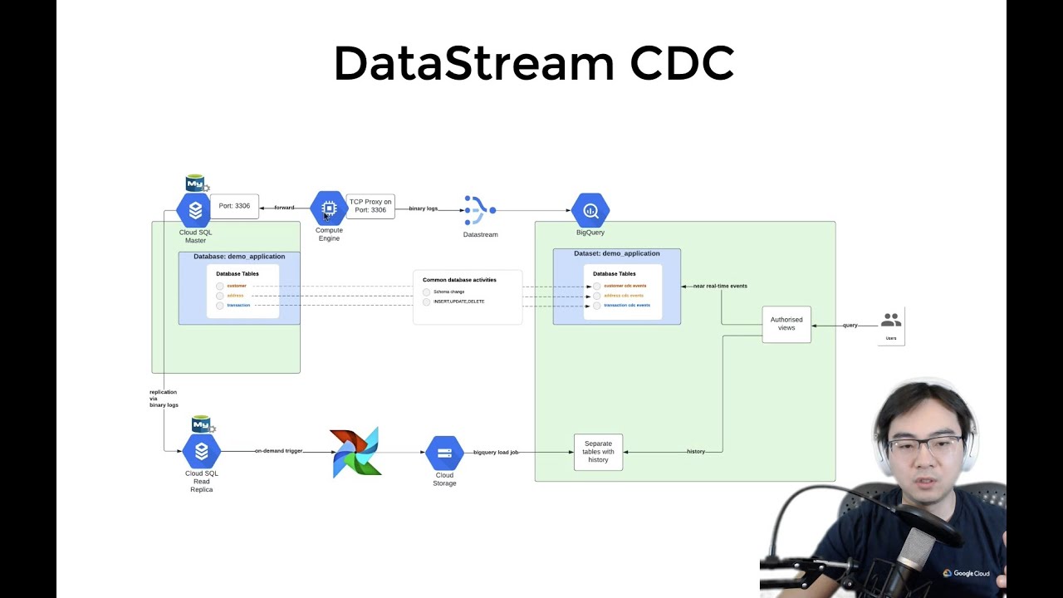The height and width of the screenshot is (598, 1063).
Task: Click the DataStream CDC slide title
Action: click(533, 64)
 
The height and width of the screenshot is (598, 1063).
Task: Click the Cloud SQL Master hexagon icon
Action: click(195, 210)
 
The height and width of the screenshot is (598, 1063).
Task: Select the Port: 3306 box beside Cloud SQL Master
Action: click(234, 206)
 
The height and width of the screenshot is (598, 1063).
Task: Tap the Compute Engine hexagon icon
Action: click(329, 208)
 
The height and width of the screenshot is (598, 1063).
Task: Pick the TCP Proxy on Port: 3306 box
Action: click(370, 206)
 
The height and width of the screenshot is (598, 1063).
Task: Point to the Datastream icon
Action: click(479, 210)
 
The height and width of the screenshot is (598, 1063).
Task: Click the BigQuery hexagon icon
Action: click(590, 211)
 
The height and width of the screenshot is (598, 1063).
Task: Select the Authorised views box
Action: click(786, 324)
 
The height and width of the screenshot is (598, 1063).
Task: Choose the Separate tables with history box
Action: click(598, 452)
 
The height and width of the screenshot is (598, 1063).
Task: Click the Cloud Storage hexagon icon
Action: click(444, 453)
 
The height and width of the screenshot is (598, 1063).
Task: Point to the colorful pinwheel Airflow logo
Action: click(355, 452)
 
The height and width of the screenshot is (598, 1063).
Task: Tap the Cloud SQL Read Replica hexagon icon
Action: click(201, 451)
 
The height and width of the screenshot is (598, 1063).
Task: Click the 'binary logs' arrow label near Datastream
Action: click(423, 208)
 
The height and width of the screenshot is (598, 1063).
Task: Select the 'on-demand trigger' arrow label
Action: click(278, 451)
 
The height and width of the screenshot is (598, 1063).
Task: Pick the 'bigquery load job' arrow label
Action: click(496, 452)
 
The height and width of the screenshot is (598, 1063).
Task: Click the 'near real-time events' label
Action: click(720, 286)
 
